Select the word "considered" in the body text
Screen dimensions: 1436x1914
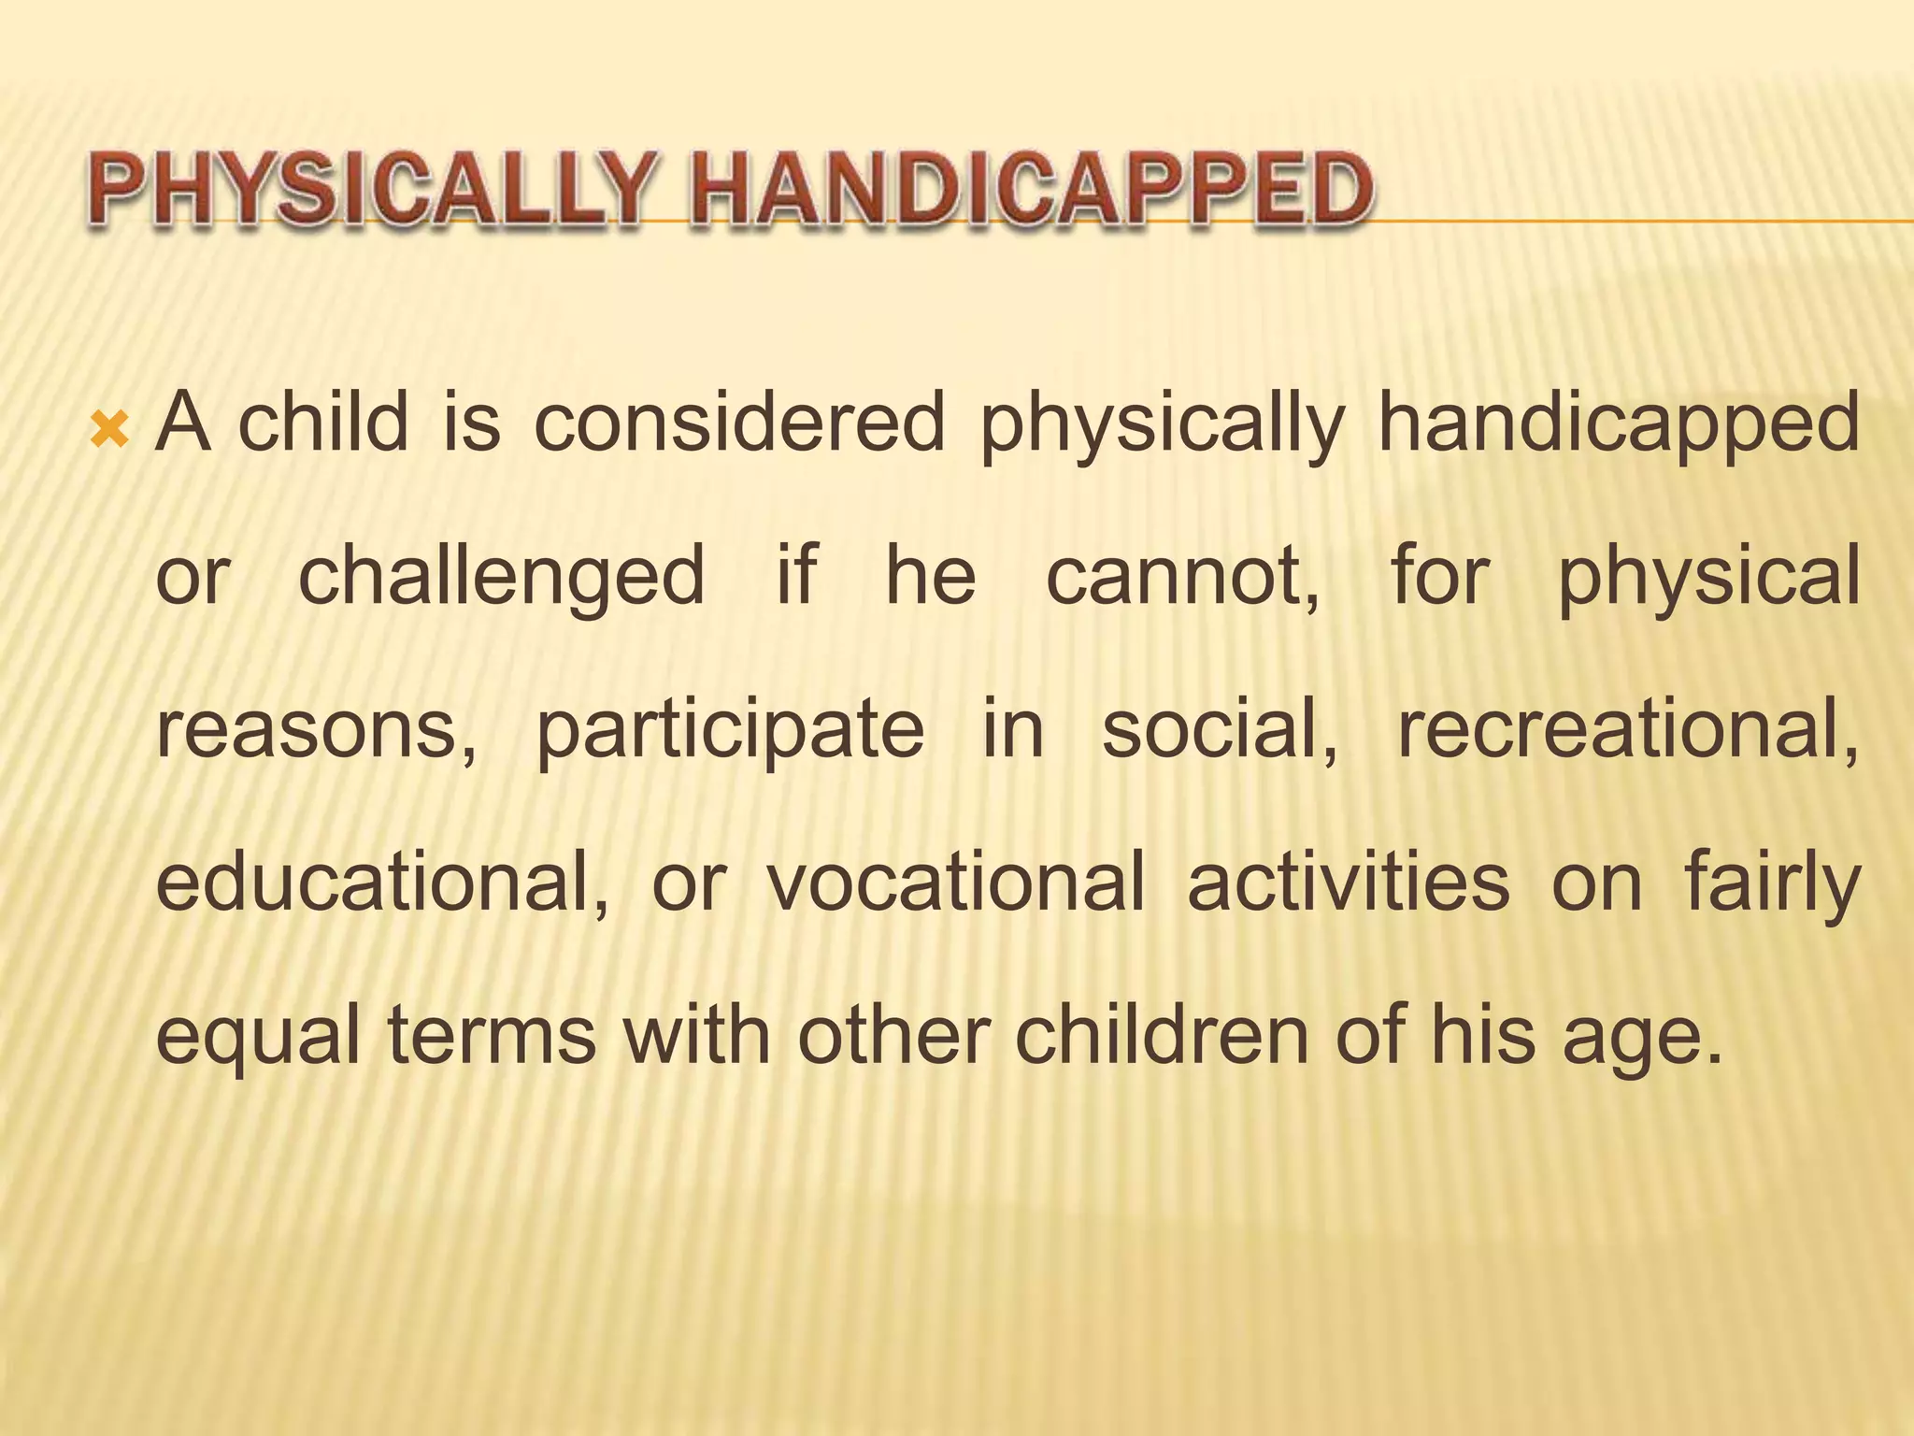(739, 423)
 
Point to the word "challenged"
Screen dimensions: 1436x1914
(501, 577)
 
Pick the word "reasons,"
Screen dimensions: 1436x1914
(316, 731)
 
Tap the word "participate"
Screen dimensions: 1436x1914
(730, 731)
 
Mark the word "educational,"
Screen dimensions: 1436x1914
(382, 883)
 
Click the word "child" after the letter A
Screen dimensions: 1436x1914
(323, 423)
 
